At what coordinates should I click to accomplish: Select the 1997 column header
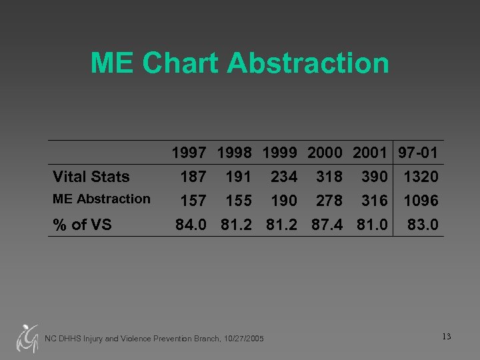(x=189, y=153)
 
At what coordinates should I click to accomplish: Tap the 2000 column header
(x=325, y=153)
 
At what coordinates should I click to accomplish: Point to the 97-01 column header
(x=418, y=153)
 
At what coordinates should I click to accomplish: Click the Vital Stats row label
(x=91, y=177)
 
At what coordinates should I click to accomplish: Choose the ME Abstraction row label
(x=101, y=199)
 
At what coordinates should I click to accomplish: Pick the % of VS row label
(x=82, y=225)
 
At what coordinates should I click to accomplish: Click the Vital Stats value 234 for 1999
(x=284, y=177)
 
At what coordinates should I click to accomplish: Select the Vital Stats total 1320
(x=421, y=177)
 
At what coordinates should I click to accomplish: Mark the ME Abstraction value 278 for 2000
(x=329, y=200)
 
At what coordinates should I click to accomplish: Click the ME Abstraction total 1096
(x=421, y=200)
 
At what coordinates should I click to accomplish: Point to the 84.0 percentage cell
(x=191, y=225)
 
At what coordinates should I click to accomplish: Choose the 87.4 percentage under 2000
(x=327, y=225)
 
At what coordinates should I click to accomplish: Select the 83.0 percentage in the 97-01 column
(x=423, y=225)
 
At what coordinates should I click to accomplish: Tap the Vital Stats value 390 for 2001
(x=374, y=177)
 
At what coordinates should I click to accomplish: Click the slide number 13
(x=446, y=337)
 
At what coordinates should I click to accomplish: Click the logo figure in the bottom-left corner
(x=27, y=337)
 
